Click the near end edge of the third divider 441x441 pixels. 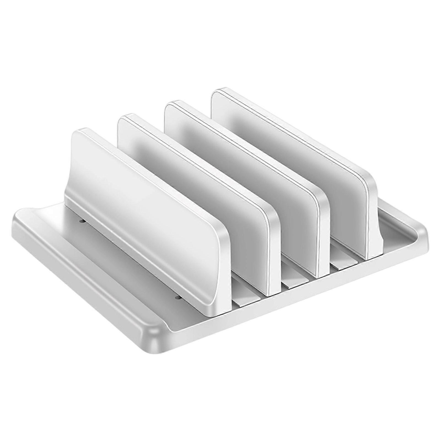coord(322,229)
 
